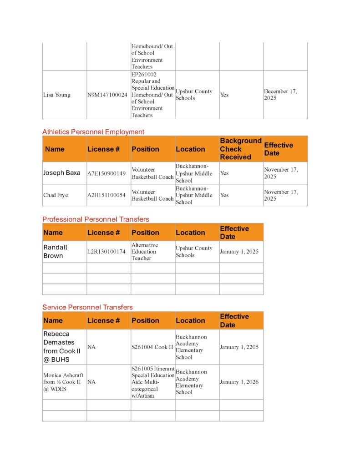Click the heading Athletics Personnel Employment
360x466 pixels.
tap(93, 132)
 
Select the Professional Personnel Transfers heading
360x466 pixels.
tap(96, 219)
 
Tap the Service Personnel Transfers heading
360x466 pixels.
tap(87, 307)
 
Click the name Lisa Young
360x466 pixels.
tap(57, 95)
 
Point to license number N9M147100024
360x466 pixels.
tap(107, 95)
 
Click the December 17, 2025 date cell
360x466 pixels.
tap(281, 95)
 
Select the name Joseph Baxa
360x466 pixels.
tap(62, 173)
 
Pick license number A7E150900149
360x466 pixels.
tap(106, 173)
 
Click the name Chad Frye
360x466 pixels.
tap(56, 195)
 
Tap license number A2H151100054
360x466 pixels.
tap(106, 195)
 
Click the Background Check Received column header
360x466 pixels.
tap(241, 149)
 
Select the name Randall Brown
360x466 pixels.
tap(56, 252)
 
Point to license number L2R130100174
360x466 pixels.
tap(106, 252)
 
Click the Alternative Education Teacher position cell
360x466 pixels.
tap(144, 252)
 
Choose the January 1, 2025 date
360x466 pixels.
tap(239, 252)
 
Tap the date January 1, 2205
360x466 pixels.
tap(239, 347)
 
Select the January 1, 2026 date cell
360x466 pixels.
tap(239, 382)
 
